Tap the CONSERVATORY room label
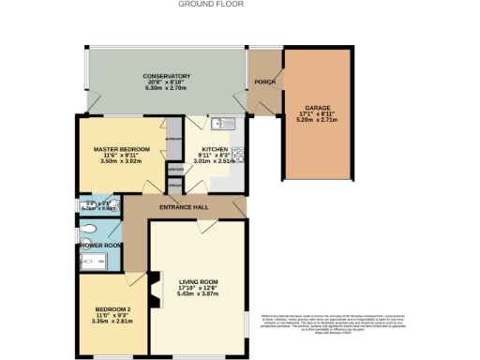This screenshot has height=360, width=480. point(167,76)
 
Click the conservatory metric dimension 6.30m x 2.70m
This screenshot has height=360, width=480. point(167,88)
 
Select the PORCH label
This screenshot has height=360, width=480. point(264,82)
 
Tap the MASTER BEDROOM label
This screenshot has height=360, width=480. point(116,149)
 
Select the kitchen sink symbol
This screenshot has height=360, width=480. point(222,123)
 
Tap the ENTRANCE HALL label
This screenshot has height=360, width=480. point(184,206)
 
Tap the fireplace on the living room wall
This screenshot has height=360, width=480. point(145,280)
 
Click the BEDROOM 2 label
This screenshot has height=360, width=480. point(112,310)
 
